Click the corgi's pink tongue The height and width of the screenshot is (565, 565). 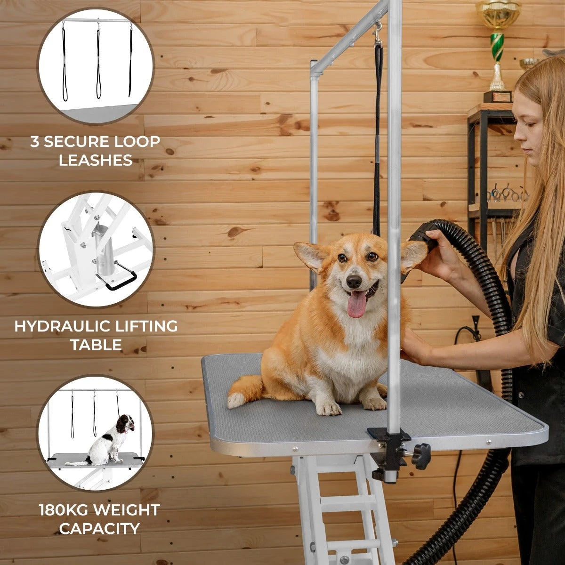[x=356, y=304]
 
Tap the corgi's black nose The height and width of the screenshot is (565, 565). [x=354, y=281]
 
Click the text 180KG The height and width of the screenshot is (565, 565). [x=64, y=509]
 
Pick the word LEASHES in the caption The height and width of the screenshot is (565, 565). [x=96, y=160]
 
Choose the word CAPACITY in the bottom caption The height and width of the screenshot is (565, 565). [x=99, y=528]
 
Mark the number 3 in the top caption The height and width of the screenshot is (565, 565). [x=34, y=142]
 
